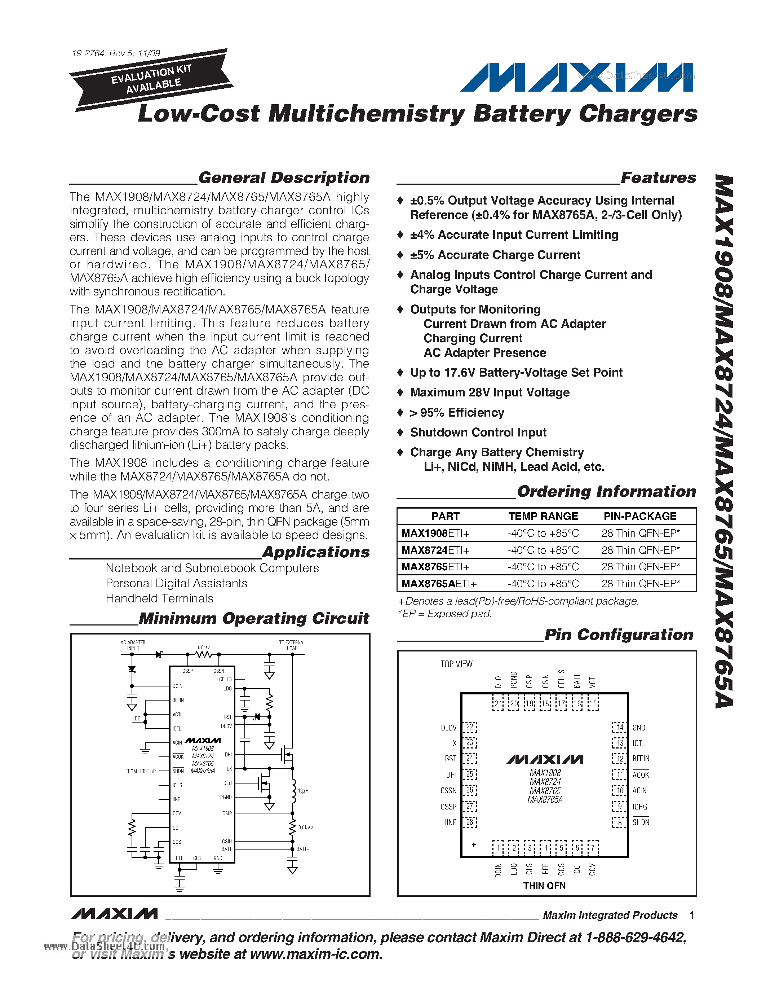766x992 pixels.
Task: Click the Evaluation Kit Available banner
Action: click(151, 79)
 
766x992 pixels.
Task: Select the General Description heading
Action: click(284, 177)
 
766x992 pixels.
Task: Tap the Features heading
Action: click(658, 177)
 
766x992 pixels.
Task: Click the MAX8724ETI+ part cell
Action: click(435, 550)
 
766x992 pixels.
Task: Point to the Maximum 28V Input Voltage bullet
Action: click(490, 392)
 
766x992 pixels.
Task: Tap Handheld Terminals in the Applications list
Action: click(159, 599)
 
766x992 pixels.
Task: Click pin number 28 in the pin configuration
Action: click(470, 822)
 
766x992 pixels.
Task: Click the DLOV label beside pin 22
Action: click(448, 728)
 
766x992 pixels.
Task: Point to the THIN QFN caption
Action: click(544, 886)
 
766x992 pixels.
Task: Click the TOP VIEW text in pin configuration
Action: click(456, 664)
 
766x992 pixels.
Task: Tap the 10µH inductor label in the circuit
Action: click(303, 791)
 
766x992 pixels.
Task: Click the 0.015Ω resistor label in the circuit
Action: click(305, 828)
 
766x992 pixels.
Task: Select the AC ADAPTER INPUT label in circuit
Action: click(133, 645)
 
